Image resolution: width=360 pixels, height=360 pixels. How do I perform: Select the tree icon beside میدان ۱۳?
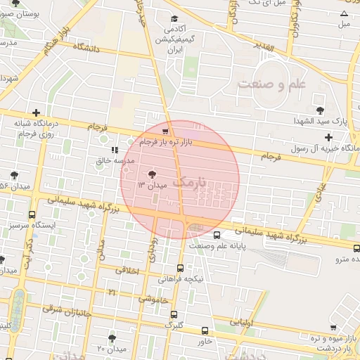(153, 174)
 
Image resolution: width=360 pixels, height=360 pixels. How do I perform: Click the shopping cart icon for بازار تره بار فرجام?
(165, 131)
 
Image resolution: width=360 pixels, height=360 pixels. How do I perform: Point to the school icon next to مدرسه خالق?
(115, 150)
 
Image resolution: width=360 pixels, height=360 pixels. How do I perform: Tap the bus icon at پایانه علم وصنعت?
(217, 236)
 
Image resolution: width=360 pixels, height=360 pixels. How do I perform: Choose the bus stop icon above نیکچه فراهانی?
(181, 268)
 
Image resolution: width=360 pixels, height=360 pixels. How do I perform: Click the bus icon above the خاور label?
(205, 330)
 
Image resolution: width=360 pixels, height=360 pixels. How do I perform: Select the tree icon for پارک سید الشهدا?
(320, 110)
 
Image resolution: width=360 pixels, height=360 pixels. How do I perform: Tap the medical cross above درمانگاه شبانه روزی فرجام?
(35, 112)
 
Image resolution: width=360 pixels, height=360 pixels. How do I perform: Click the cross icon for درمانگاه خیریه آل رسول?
(328, 136)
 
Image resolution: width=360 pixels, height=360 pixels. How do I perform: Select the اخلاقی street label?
(127, 270)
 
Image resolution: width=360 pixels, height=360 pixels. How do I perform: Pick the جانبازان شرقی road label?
(62, 308)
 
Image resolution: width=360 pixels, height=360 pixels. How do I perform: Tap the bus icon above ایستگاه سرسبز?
(32, 214)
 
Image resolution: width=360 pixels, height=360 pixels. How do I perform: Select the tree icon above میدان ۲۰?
(112, 338)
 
